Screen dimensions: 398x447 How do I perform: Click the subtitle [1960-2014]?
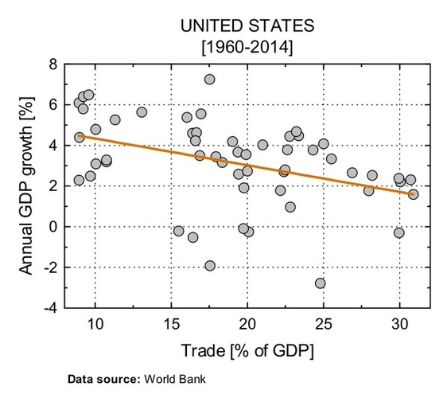pyautogui.click(x=247, y=48)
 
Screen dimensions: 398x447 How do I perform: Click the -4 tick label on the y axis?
pyautogui.click(x=50, y=308)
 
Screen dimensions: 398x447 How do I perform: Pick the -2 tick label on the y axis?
pyautogui.click(x=50, y=267)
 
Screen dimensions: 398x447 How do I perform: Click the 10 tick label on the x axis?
pyautogui.click(x=95, y=325)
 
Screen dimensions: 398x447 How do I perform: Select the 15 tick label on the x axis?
pyautogui.click(x=171, y=325)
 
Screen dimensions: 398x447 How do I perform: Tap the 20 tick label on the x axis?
pyautogui.click(x=247, y=325)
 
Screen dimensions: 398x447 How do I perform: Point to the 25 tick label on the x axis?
pyautogui.click(x=323, y=325)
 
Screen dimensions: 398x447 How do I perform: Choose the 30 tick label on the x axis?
pyautogui.click(x=399, y=325)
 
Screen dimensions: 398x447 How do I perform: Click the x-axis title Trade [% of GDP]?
pyautogui.click(x=247, y=349)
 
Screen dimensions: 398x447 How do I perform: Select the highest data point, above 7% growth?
pyautogui.click(x=209, y=80)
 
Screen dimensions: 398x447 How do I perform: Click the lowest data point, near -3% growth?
pyautogui.click(x=320, y=283)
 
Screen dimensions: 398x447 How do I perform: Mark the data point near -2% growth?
pyautogui.click(x=210, y=266)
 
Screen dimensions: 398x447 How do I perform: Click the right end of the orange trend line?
pyautogui.click(x=414, y=193)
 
